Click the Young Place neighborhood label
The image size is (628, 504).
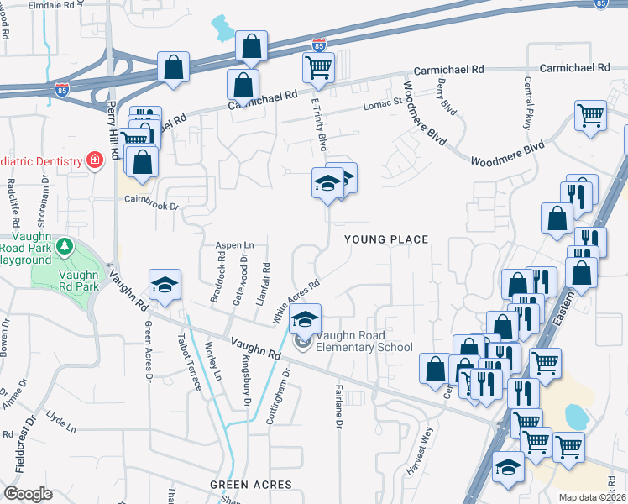pos(386,239)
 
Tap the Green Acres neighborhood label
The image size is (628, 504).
pos(251,485)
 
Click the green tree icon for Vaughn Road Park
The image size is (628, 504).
pos(64,248)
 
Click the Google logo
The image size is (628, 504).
pos(28,493)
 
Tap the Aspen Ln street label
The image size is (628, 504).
pos(234,244)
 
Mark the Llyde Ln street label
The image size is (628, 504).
pos(61,417)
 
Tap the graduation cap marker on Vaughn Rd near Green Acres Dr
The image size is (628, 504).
pos(165,286)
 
